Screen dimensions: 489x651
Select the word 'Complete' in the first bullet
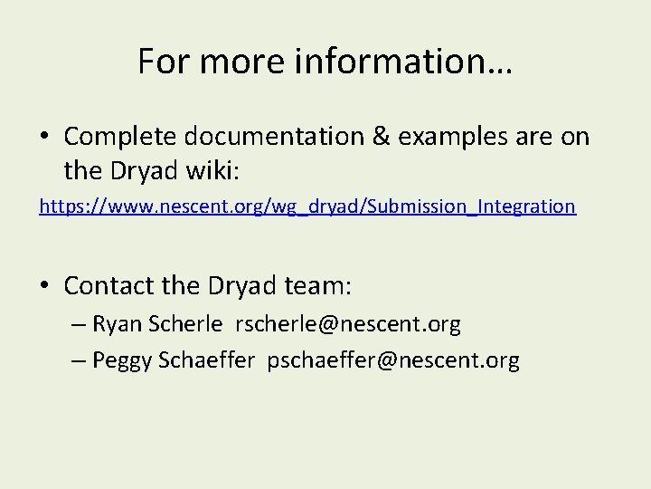coord(122,137)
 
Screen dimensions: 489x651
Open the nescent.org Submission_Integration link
coord(307,206)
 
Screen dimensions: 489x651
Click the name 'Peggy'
coord(122,360)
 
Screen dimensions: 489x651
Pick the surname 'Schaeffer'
coord(207,360)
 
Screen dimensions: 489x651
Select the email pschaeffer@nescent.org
coord(393,360)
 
